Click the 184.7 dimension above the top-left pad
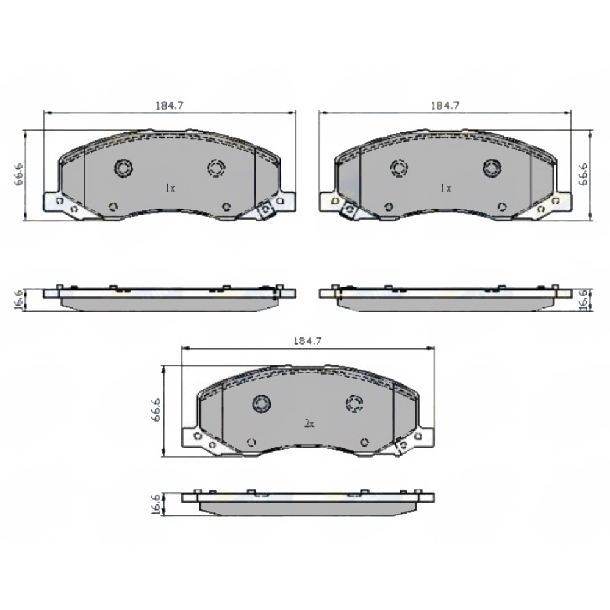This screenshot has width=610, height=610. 169,106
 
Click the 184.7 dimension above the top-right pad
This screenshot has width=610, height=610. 445,106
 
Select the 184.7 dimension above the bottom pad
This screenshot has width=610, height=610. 307,341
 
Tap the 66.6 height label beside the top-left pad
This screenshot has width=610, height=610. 19,174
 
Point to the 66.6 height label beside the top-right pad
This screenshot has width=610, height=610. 583,174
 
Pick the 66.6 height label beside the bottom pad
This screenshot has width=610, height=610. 156,410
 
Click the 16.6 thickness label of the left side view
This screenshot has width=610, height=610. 18,300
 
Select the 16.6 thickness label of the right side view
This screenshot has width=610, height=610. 584,300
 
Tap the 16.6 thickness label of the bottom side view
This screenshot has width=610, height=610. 155,505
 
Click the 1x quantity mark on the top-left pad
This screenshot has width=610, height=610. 170,188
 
